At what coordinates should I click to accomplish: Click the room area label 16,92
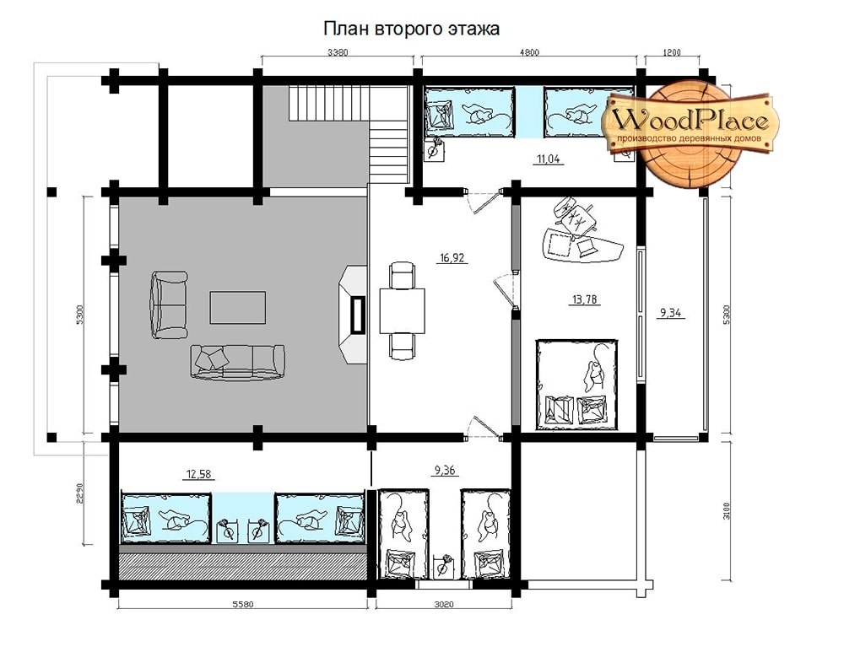(452, 258)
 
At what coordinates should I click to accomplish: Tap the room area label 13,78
(584, 299)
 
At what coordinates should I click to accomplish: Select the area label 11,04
(549, 159)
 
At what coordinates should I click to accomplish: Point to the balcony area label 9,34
(670, 313)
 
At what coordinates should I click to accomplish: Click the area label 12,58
(198, 474)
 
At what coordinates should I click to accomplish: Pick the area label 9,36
(445, 470)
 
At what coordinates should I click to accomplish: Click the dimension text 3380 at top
(338, 52)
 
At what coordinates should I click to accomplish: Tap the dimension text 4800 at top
(529, 52)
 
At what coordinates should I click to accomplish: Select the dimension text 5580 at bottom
(243, 604)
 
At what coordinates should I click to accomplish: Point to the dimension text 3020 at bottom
(444, 604)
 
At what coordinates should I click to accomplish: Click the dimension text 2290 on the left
(79, 493)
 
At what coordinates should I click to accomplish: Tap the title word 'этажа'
(473, 29)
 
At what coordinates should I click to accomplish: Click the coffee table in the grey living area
(238, 307)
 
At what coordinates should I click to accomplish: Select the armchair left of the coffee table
(169, 304)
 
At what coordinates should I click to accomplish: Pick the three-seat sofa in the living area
(237, 362)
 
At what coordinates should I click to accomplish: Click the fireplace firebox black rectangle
(357, 314)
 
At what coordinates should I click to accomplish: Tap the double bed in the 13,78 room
(577, 384)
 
